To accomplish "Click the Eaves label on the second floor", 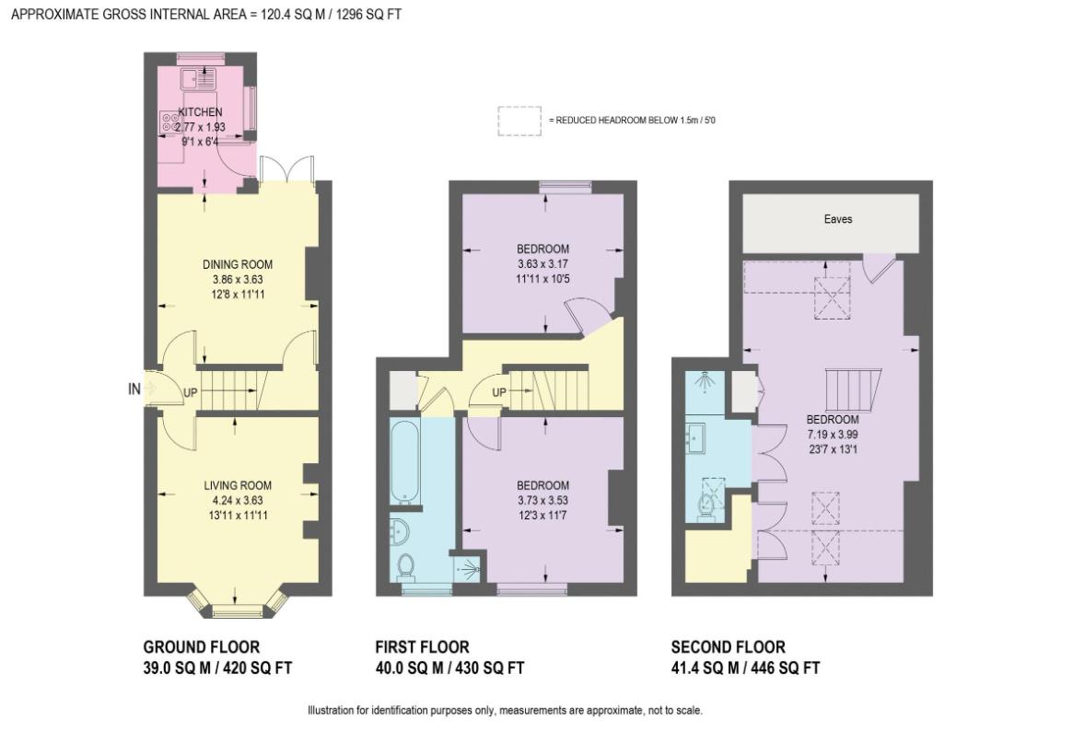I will coord(838,219).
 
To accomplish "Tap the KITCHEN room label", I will coord(200,112).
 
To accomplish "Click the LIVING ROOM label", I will coord(238,485).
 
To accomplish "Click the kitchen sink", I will coord(199,78).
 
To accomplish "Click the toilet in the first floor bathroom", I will coord(405,564).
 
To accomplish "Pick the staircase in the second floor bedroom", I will coord(856,391).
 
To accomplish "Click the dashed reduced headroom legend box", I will coord(520,121).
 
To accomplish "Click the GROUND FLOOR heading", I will coord(201,647).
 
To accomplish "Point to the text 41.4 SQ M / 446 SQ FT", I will coord(745,668).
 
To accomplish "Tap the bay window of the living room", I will coord(237,608).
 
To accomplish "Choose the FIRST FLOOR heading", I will coord(422,647).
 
